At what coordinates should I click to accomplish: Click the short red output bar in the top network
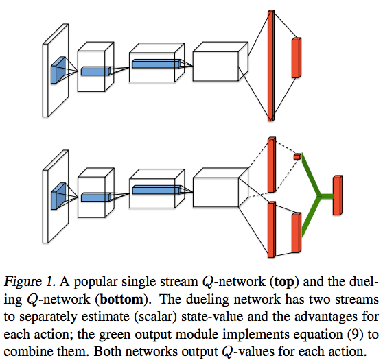point(296,58)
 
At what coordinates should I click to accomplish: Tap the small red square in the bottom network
point(297,157)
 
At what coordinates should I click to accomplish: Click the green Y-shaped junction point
point(317,198)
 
